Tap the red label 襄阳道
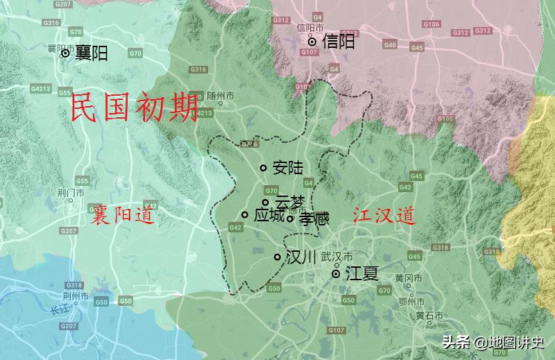coord(123,215)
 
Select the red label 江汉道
coord(384,216)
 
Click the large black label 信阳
coord(339,42)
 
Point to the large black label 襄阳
coord(91,53)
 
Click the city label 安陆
coord(288,168)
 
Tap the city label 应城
coord(269,216)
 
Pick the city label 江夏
coord(361,273)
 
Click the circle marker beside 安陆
coord(264,168)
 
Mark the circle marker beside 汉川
coord(277,257)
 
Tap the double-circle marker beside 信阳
coord(313,42)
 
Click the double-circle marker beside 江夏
coord(336,274)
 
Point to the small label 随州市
coord(221,96)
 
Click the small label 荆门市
coord(71,193)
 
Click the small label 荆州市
coord(76,296)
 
